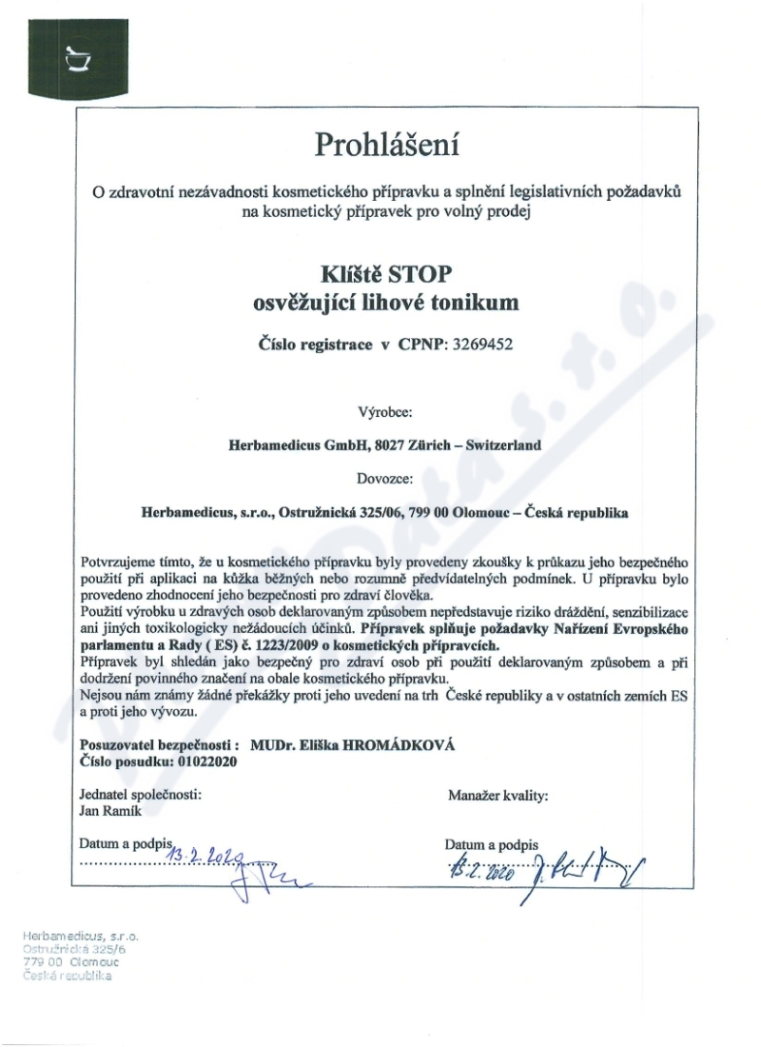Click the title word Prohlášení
pos(386,146)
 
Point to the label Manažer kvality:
pos(497,795)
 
